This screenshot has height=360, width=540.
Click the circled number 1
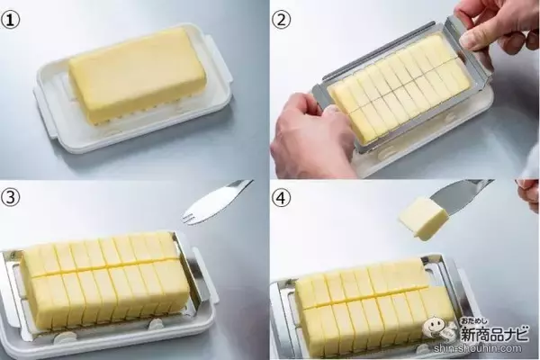click(x=10, y=20)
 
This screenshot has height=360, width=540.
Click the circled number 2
click(x=282, y=20)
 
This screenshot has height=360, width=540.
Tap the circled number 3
click(x=10, y=197)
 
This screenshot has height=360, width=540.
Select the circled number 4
click(x=282, y=197)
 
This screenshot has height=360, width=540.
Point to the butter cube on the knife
click(x=424, y=219)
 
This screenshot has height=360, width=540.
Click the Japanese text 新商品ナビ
click(x=495, y=334)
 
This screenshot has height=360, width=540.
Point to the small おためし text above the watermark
click(x=474, y=322)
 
